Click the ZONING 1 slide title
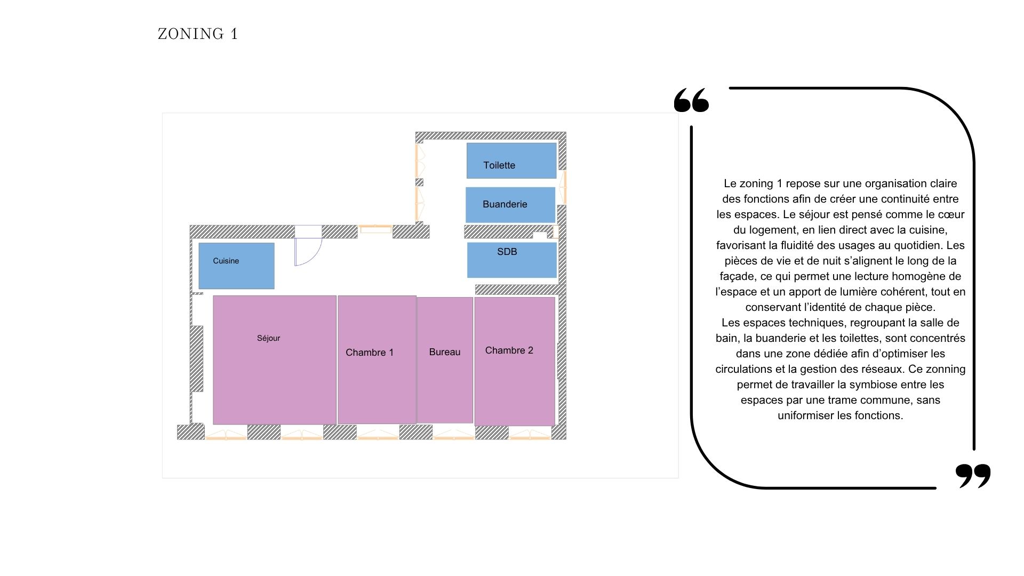pyautogui.click(x=198, y=34)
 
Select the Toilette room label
pyautogui.click(x=499, y=165)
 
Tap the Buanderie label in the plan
pyautogui.click(x=505, y=204)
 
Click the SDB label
pyautogui.click(x=507, y=252)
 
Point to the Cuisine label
pyautogui.click(x=226, y=261)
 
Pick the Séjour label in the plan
pyautogui.click(x=268, y=338)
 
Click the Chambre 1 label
pyautogui.click(x=369, y=353)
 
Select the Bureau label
pyautogui.click(x=444, y=352)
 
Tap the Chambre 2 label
pyautogui.click(x=509, y=350)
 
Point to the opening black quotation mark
pyautogui.click(x=691, y=100)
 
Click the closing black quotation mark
pyautogui.click(x=973, y=475)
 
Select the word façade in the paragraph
pyautogui.click(x=737, y=276)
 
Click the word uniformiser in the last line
pyautogui.click(x=806, y=415)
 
